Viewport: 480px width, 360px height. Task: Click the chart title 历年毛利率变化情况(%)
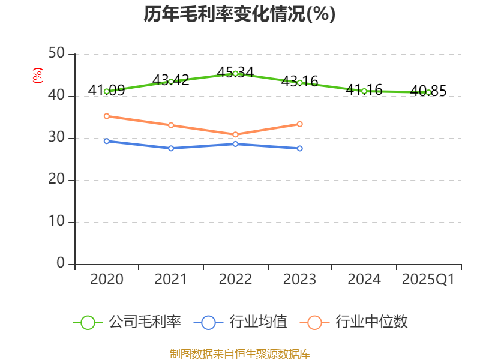pyautogui.click(x=239, y=14)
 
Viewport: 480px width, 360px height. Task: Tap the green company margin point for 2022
pyautogui.click(x=235, y=73)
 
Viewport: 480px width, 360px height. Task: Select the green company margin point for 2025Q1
pyautogui.click(x=428, y=92)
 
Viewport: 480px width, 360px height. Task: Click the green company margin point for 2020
pyautogui.click(x=106, y=91)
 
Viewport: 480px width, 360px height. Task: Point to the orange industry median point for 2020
pyautogui.click(x=106, y=116)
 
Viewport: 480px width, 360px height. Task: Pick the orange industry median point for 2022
pyautogui.click(x=235, y=134)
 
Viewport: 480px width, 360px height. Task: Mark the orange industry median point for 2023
pyautogui.click(x=300, y=124)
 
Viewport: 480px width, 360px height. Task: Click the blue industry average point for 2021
pyautogui.click(x=171, y=148)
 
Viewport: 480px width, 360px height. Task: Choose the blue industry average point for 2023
pyautogui.click(x=300, y=148)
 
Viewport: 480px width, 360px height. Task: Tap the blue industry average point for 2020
pyautogui.click(x=106, y=141)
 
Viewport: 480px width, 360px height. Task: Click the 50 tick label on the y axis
pyautogui.click(x=56, y=54)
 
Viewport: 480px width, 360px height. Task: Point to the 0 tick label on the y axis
pyautogui.click(x=61, y=263)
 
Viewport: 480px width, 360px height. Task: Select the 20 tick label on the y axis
pyautogui.click(x=56, y=180)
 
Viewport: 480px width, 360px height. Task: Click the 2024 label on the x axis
pyautogui.click(x=364, y=280)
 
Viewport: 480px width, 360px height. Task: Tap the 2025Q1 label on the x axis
pyautogui.click(x=428, y=280)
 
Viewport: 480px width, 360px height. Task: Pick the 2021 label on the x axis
pyautogui.click(x=171, y=280)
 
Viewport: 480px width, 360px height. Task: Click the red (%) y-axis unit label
pyautogui.click(x=38, y=76)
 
